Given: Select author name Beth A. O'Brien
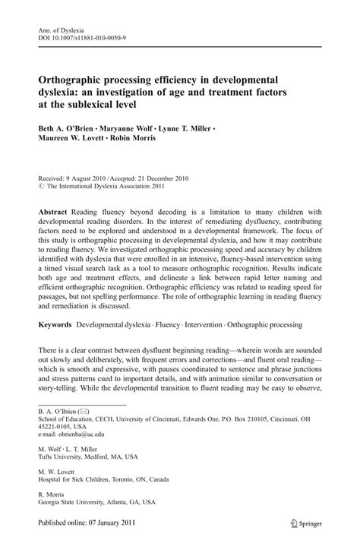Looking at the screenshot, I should tap(65, 130).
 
